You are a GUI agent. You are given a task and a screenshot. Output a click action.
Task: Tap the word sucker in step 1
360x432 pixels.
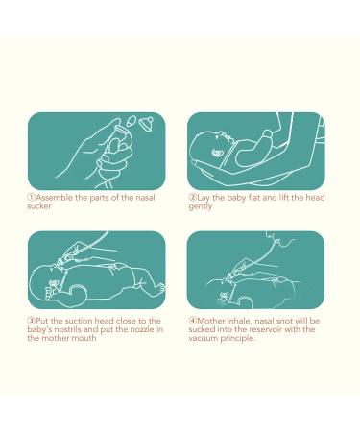39,206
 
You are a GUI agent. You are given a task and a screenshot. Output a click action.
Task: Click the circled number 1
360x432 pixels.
31,197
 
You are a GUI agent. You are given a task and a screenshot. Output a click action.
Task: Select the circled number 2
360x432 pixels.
192,197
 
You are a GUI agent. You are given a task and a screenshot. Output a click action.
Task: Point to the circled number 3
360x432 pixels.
31,321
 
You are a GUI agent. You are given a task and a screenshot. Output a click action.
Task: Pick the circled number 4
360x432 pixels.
192,321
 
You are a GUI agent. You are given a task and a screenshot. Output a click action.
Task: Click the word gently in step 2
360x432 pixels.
201,206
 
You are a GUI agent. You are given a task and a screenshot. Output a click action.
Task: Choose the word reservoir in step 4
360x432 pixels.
266,329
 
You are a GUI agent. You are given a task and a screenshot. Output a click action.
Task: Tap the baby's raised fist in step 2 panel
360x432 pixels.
267,137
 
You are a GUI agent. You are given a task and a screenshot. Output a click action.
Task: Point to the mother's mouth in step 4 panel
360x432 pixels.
272,241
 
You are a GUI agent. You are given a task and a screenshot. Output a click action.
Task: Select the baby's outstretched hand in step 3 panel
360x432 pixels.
159,288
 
